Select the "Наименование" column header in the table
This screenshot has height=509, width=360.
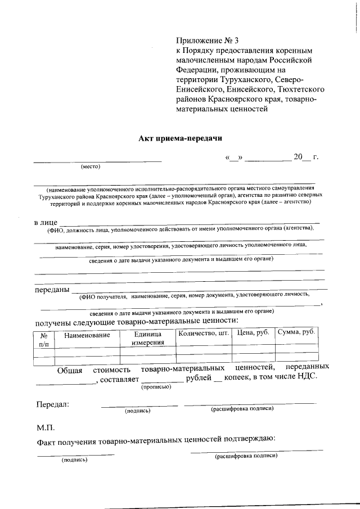[x=87, y=335]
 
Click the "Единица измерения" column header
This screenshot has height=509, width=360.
[x=147, y=338]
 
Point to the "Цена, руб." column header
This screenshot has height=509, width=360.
[x=254, y=332]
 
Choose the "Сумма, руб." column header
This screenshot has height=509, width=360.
[x=296, y=332]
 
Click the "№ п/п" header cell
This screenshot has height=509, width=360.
[x=44, y=339]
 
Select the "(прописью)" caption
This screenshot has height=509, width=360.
[x=156, y=387]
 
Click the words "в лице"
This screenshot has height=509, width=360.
[x=46, y=223]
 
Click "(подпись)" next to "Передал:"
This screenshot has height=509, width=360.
[x=138, y=411]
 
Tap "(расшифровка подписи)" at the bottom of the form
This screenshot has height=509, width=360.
[x=246, y=456]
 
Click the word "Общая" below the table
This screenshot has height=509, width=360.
[x=70, y=370]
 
